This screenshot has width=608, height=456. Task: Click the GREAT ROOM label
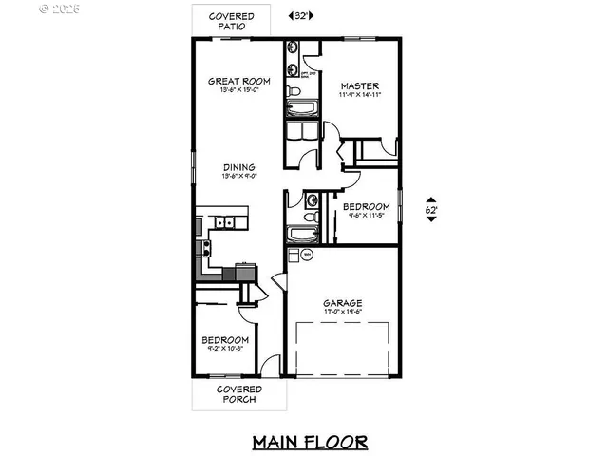pyautogui.click(x=238, y=82)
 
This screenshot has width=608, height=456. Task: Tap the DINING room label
pyautogui.click(x=238, y=167)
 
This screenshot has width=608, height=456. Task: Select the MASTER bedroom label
pyautogui.click(x=360, y=85)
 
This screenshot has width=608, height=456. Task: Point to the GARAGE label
pyautogui.click(x=341, y=304)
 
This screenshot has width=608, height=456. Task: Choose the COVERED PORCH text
pyautogui.click(x=238, y=394)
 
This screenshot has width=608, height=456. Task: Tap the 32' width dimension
pyautogui.click(x=300, y=16)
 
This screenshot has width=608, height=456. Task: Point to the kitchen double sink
pyautogui.click(x=224, y=223)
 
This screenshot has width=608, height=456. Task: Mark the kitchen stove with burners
pyautogui.click(x=201, y=249)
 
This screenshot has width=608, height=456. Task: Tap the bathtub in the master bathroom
pyautogui.click(x=305, y=131)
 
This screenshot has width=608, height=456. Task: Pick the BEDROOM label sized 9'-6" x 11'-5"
pyautogui.click(x=366, y=207)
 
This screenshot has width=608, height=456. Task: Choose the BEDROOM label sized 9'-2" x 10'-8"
pyautogui.click(x=225, y=340)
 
